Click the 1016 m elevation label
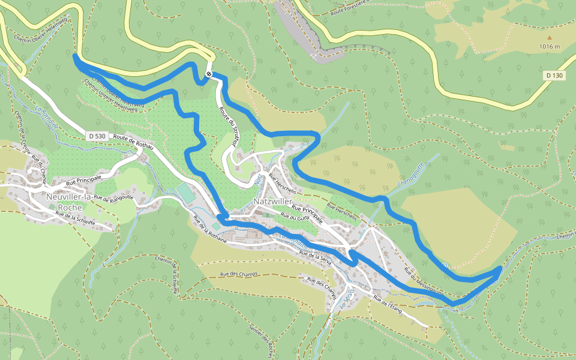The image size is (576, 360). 549,47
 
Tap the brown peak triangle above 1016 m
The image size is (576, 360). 549,37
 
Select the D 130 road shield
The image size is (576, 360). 555,76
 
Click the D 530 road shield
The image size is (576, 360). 95,136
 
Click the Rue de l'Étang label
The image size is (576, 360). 387,302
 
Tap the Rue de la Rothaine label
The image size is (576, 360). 210,232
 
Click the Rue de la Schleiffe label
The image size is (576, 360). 75,218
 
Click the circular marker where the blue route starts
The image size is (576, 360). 208,74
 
